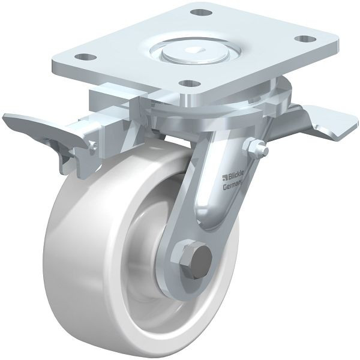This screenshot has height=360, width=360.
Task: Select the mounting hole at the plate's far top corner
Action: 199,12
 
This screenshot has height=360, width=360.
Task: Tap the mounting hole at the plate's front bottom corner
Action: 189,83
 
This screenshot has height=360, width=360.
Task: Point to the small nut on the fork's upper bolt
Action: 255,146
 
